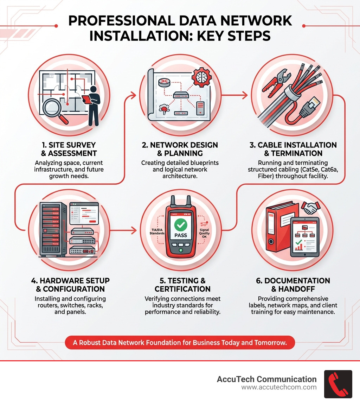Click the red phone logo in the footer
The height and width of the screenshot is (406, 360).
338,384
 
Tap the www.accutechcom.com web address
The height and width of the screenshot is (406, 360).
279,387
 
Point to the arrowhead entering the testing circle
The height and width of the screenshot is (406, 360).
134,231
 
